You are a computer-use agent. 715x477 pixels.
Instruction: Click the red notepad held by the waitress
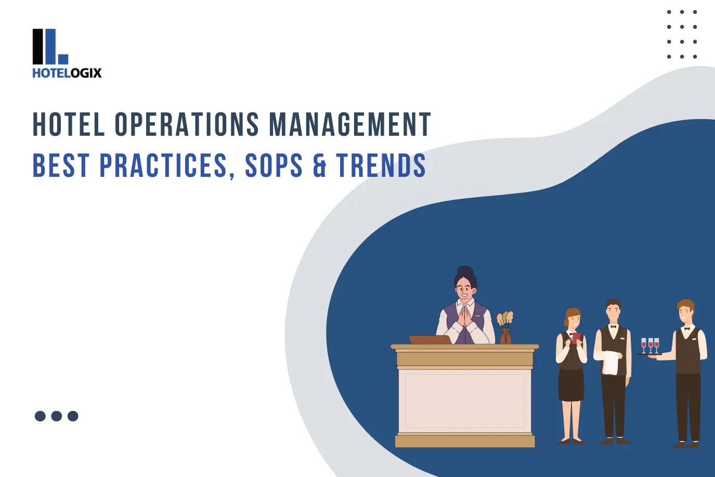(575, 338)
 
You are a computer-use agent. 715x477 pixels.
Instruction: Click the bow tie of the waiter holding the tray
(687, 328)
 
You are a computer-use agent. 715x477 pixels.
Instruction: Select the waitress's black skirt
(570, 385)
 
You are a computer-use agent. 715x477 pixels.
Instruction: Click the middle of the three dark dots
(57, 416)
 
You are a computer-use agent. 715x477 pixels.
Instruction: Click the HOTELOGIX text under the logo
(67, 73)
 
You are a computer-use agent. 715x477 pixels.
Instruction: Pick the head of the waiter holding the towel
(614, 311)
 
